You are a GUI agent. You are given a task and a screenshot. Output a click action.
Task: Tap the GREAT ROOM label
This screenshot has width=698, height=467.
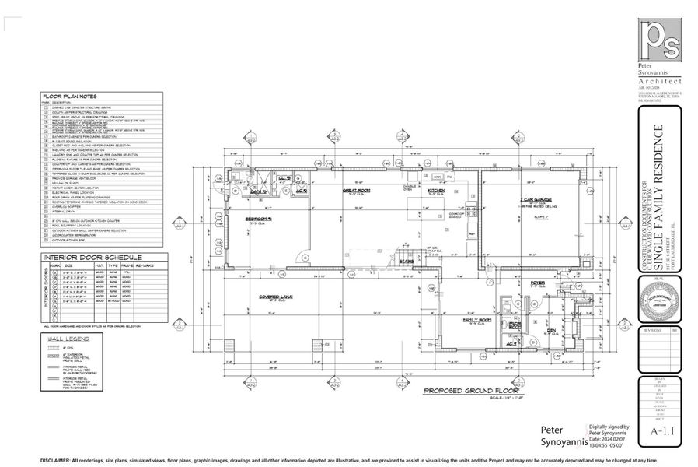(355, 189)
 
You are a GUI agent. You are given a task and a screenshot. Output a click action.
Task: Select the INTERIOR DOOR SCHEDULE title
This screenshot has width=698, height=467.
(79, 257)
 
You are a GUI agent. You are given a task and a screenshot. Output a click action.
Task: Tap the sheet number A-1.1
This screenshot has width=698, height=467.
(661, 430)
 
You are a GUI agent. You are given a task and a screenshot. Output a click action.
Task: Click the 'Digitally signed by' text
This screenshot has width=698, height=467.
(609, 427)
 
